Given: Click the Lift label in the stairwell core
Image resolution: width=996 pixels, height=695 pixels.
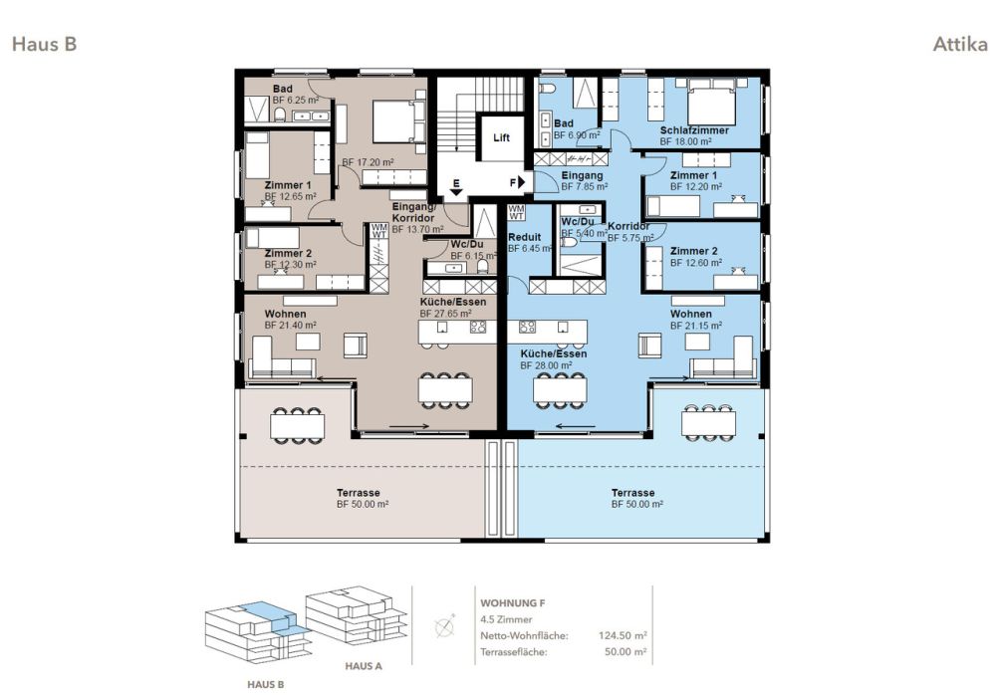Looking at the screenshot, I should (501, 137).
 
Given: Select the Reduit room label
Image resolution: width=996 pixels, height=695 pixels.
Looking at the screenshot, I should (524, 237).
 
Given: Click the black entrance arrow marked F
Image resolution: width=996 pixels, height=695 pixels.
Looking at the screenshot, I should (521, 182).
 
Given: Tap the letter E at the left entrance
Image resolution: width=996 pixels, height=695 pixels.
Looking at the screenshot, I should (456, 185).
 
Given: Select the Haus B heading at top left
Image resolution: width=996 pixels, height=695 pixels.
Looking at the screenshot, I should (44, 44).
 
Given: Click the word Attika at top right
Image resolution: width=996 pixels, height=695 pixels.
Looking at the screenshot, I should (960, 45).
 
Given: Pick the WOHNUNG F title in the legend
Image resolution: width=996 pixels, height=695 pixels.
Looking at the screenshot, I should (512, 603).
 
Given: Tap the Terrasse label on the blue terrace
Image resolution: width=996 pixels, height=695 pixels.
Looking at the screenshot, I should (632, 493).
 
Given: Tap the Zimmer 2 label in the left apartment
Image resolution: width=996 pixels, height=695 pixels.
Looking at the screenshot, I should (288, 253).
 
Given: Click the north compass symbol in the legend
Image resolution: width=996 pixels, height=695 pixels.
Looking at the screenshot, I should (445, 628).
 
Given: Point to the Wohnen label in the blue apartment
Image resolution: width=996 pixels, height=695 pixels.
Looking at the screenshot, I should (690, 314).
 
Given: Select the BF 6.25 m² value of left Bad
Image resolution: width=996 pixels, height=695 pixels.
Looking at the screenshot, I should (296, 101).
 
